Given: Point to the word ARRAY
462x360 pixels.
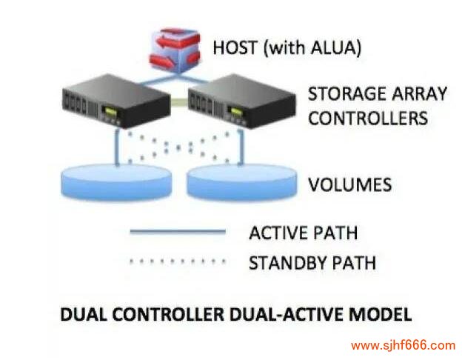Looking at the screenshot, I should tap(422, 95).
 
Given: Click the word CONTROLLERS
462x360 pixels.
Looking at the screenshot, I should tap(368, 118).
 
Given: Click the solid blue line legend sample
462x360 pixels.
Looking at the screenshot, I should tap(177, 233).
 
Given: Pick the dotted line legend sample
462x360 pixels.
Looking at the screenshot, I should tap(177, 261).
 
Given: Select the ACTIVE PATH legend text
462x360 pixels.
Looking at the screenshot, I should tap(303, 233).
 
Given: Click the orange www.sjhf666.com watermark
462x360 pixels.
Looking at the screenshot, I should tap(403, 345).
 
